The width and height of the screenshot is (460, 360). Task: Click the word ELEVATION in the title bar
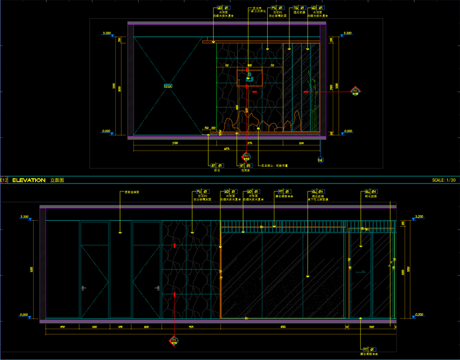(x=28, y=180)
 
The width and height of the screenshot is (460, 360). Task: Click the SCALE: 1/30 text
(x=444, y=180)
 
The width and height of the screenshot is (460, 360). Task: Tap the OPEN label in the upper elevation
(x=168, y=86)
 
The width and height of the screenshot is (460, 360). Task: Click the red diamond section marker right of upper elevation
(x=356, y=91)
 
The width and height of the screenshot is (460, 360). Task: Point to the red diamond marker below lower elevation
(x=174, y=341)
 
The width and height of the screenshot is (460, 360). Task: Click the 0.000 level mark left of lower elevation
(x=24, y=315)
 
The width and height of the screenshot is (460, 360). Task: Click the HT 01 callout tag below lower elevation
(x=367, y=349)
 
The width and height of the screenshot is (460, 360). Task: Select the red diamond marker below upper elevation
(x=246, y=157)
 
